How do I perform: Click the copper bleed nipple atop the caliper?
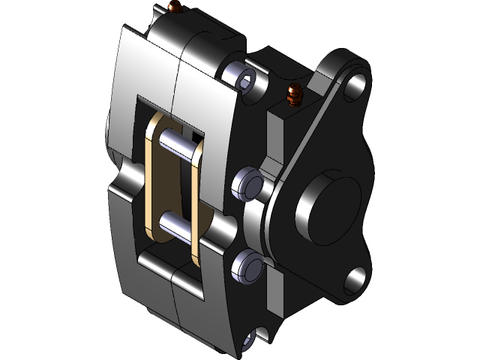click(176, 8)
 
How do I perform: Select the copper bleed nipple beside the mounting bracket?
click(293, 95)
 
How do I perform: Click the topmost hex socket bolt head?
click(244, 77)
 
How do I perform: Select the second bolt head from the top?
click(246, 181)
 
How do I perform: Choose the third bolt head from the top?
click(247, 266)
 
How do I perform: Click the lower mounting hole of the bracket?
click(355, 280)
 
